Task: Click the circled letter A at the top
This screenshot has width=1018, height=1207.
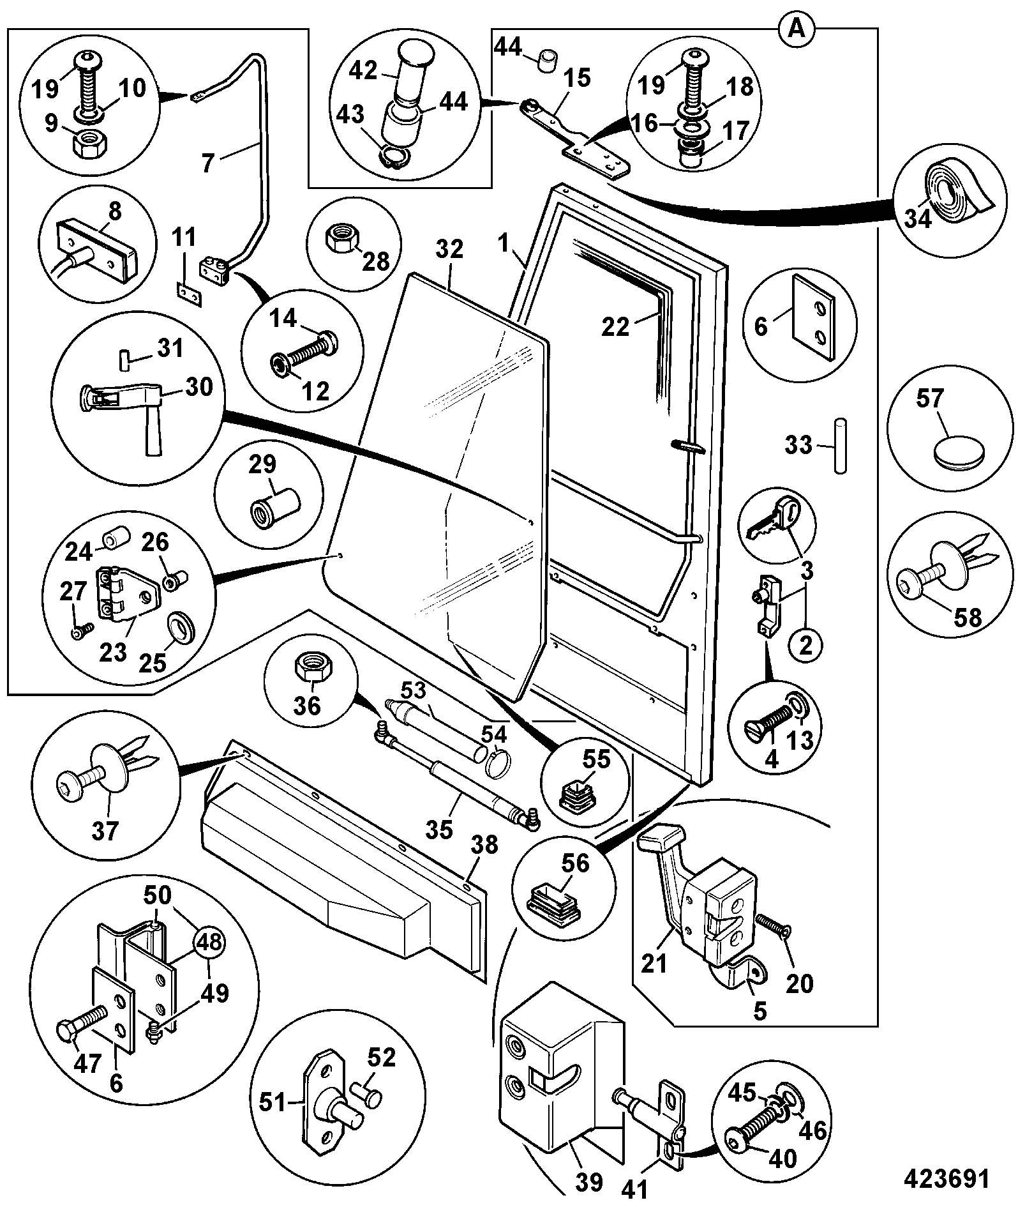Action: point(795,29)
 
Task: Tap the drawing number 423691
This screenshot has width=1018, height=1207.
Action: point(946,1179)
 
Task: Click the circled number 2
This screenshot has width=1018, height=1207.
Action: point(806,646)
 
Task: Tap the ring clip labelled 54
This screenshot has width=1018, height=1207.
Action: point(500,763)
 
